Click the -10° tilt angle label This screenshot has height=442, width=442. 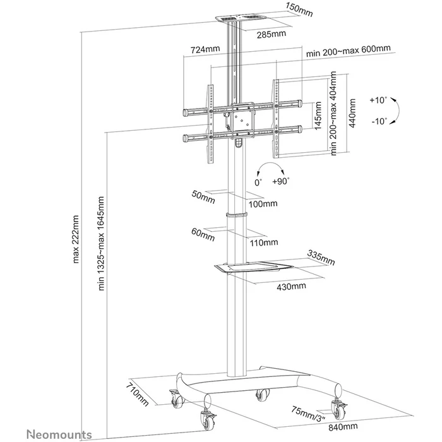pos(379,121)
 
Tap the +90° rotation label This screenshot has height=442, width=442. pos(280,181)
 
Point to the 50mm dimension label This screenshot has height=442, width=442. pos(203,196)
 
